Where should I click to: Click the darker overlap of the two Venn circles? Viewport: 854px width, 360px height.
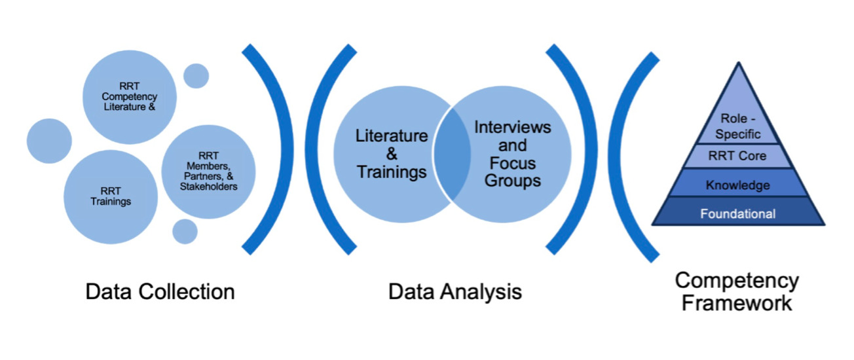click(x=453, y=153)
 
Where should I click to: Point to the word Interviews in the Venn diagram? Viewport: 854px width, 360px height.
click(x=513, y=126)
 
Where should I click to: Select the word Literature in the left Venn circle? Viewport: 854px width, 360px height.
click(x=392, y=136)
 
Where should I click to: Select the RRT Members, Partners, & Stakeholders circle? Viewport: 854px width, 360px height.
click(x=208, y=171)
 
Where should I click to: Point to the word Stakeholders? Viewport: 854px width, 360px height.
click(x=208, y=187)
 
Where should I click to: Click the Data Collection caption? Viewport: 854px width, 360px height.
click(x=160, y=291)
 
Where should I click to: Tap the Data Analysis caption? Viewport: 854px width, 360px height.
click(x=455, y=291)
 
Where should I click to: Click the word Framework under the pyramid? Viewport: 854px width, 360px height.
click(x=737, y=303)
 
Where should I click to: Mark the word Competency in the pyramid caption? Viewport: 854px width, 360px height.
click(x=737, y=281)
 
